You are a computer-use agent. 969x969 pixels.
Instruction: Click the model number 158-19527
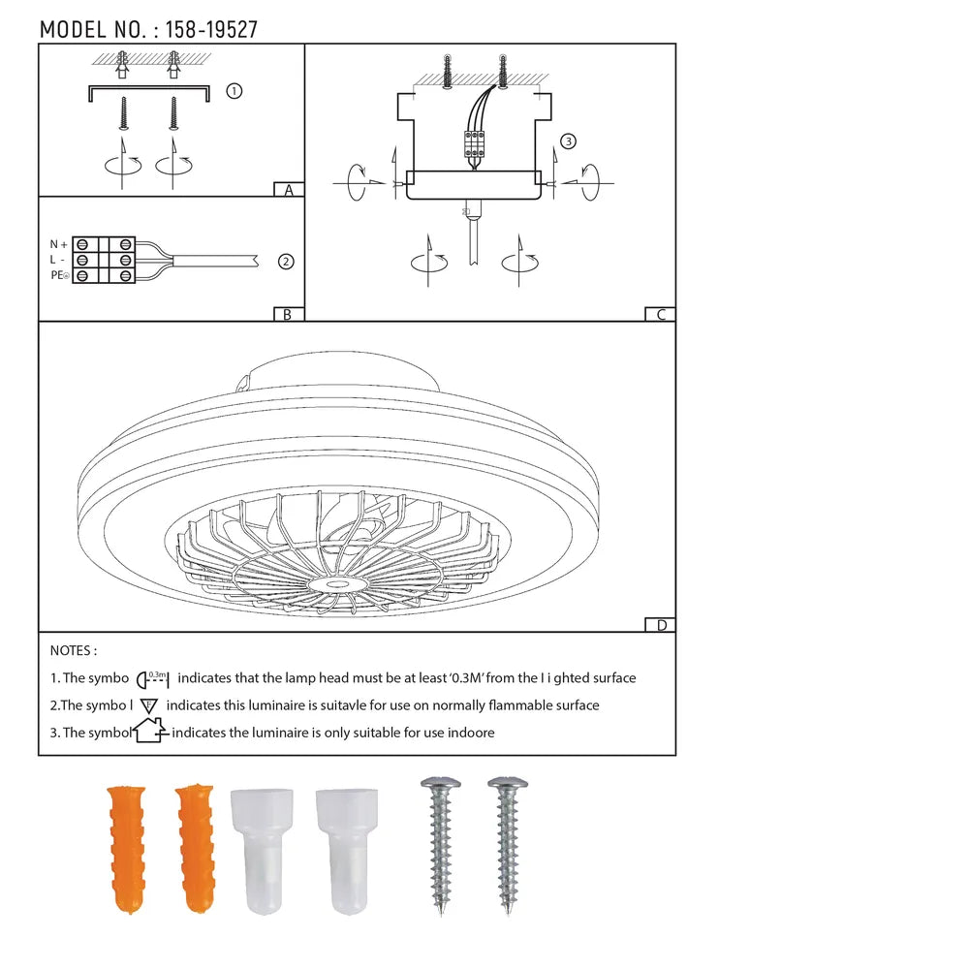tap(211, 30)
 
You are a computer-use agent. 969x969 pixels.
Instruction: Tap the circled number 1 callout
tap(234, 91)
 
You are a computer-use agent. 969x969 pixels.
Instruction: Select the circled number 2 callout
tap(286, 262)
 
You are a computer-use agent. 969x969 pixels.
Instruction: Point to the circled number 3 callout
tap(568, 141)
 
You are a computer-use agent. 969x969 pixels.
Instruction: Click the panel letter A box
tap(289, 190)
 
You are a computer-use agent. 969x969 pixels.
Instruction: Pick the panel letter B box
tap(289, 314)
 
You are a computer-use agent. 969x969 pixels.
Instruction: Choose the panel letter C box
tap(660, 314)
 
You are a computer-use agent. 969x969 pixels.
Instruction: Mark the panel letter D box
tap(660, 625)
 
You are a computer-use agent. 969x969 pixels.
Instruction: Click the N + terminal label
tap(59, 245)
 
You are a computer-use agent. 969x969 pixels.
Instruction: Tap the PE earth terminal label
tap(60, 275)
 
